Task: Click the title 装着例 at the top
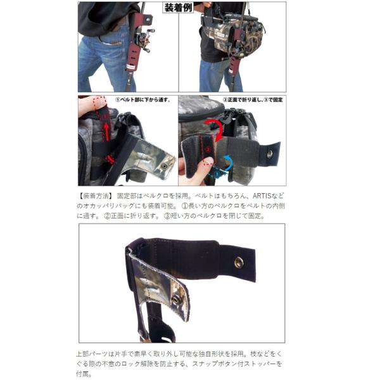pyautogui.click(x=178, y=8)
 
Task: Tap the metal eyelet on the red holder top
pyautogui.click(x=148, y=18)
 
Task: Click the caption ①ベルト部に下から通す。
pyautogui.click(x=143, y=99)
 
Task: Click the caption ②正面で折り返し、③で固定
pyautogui.click(x=253, y=99)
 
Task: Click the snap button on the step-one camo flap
pyautogui.click(x=165, y=166)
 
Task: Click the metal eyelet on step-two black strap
pyautogui.click(x=269, y=153)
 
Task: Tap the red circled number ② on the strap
pyautogui.click(x=207, y=149)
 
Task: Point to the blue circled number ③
pyautogui.click(x=217, y=174)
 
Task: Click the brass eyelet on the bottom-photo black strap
pyautogui.click(x=239, y=262)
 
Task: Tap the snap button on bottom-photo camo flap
pyautogui.click(x=175, y=300)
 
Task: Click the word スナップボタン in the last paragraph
pyautogui.click(x=216, y=364)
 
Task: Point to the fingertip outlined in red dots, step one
pyautogui.click(x=99, y=101)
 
